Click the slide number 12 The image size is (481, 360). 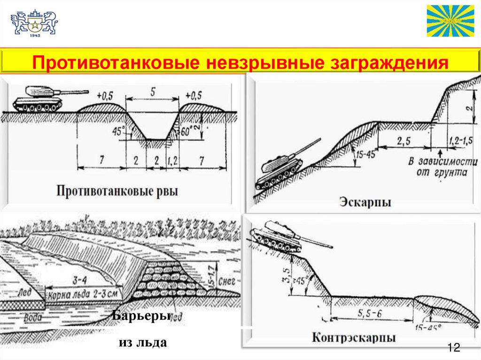point(453,348)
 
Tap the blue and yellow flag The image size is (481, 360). point(450,21)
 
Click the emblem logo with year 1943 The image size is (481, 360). point(34,23)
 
